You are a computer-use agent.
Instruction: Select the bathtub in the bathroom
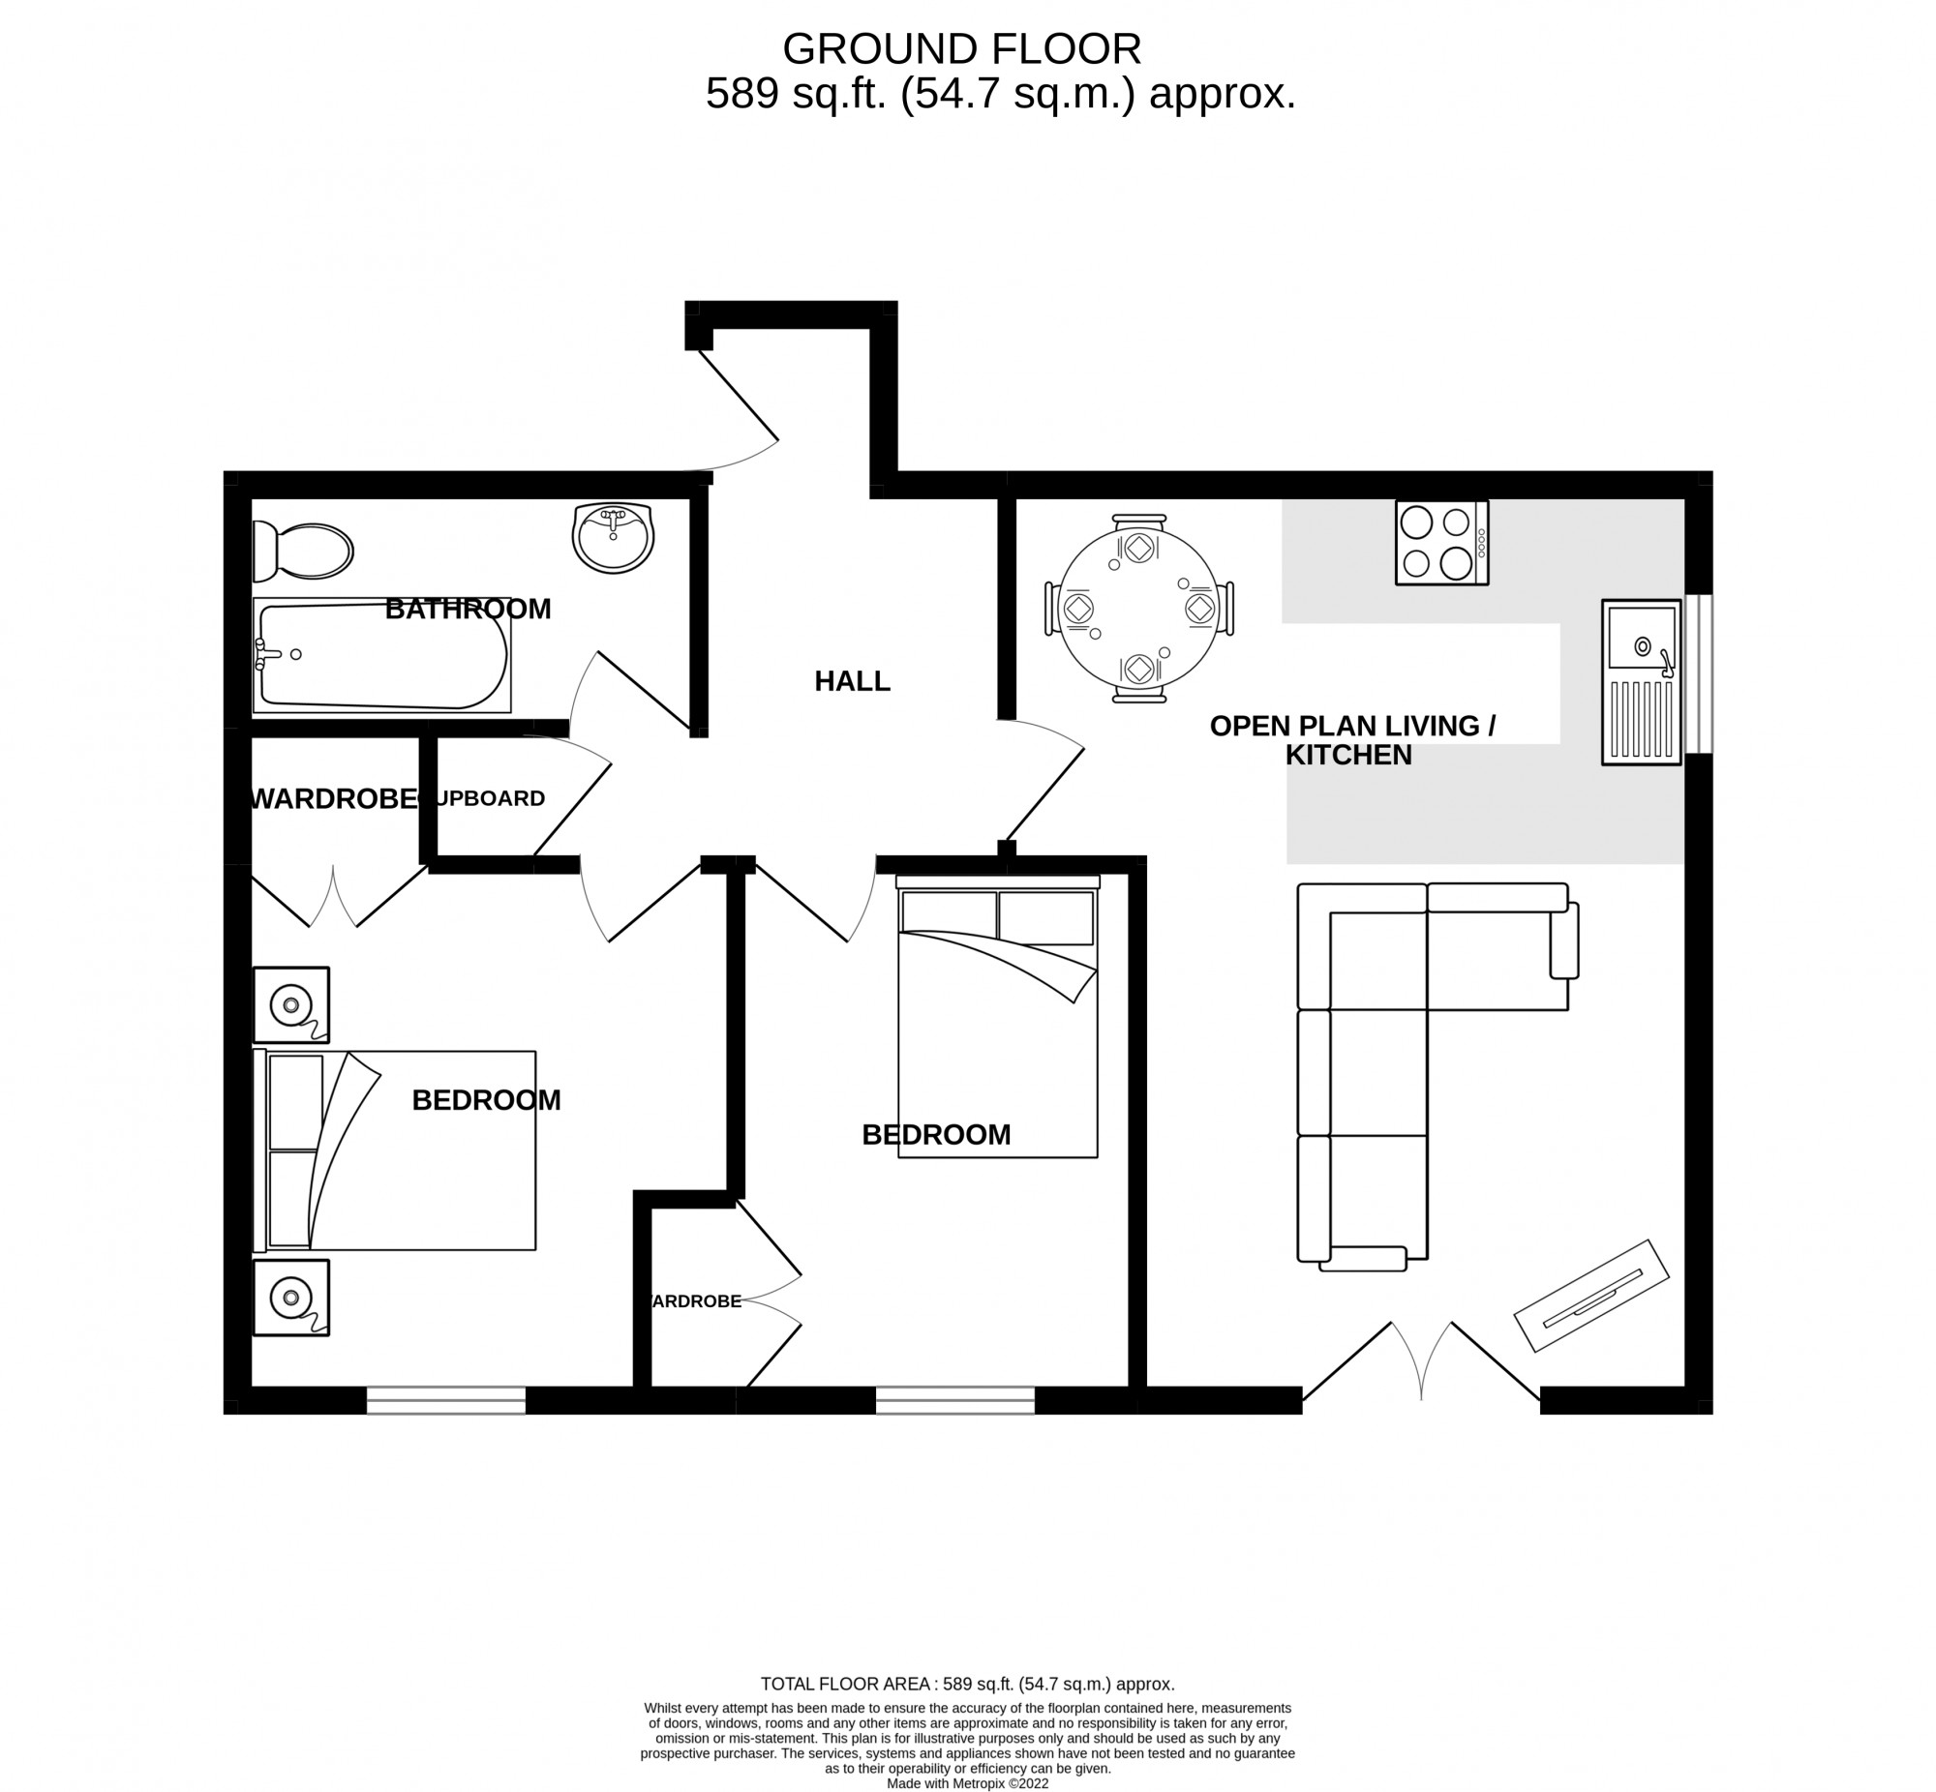pos(381,655)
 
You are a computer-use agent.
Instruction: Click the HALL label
pos(852,682)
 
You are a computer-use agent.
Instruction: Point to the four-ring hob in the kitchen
pos(1440,542)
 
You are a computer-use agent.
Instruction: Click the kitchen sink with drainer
pos(1640,682)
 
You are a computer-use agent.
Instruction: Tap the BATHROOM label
pos(468,609)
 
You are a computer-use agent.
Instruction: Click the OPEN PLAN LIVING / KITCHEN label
pos(1351,740)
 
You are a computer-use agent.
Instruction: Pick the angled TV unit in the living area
pos(1591,1296)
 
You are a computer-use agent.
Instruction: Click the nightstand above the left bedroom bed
pos(291,1004)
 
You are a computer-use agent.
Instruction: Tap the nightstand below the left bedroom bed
pos(291,1298)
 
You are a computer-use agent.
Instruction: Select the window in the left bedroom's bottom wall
pos(446,1400)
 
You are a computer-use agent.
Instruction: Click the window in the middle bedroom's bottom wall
pos(954,1400)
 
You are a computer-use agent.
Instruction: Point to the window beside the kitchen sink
pos(1699,673)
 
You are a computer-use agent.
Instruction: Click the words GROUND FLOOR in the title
pos(961,48)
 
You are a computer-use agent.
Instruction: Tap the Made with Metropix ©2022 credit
pos(967,1782)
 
